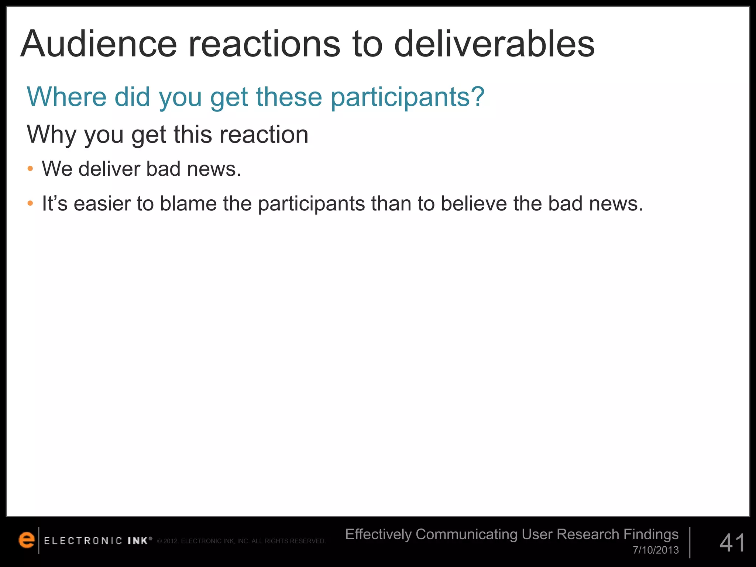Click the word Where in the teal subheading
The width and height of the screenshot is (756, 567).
[67, 97]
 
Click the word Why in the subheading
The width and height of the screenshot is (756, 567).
[51, 135]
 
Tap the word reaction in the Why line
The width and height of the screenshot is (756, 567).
[264, 135]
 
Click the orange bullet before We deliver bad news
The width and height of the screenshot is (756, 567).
[30, 169]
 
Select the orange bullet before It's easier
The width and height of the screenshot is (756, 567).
[30, 203]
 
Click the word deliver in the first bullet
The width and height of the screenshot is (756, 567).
[109, 169]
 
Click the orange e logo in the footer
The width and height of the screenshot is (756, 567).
[27, 540]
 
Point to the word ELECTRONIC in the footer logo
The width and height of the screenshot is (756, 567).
[83, 541]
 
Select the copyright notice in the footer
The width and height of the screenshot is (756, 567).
[241, 541]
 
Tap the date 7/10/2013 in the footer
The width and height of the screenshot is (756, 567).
[656, 550]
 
